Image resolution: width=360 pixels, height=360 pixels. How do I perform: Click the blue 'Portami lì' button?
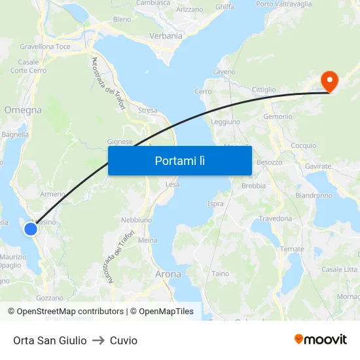179,160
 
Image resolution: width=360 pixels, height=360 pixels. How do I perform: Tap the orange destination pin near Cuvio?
329,81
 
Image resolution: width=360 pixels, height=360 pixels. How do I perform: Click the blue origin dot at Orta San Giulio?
31,228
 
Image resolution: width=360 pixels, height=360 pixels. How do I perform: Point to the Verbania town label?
166,36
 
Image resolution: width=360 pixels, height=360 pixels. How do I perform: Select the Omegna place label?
23,110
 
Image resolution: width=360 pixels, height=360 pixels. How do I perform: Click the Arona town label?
168,274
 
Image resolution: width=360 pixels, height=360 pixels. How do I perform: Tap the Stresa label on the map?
147,111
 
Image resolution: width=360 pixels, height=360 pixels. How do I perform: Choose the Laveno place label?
225,71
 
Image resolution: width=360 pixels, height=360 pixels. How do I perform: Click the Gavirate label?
318,167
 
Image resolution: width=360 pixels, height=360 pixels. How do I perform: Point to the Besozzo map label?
269,162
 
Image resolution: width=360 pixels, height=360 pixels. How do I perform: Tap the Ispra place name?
215,204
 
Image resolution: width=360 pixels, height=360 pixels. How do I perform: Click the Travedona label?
275,219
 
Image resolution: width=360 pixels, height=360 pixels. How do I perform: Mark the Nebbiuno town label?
136,220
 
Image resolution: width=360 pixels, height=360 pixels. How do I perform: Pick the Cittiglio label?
264,89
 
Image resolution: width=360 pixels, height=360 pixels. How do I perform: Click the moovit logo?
321,340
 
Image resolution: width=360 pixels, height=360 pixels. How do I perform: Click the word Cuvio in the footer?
124,340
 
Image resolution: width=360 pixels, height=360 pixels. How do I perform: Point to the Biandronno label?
314,196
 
